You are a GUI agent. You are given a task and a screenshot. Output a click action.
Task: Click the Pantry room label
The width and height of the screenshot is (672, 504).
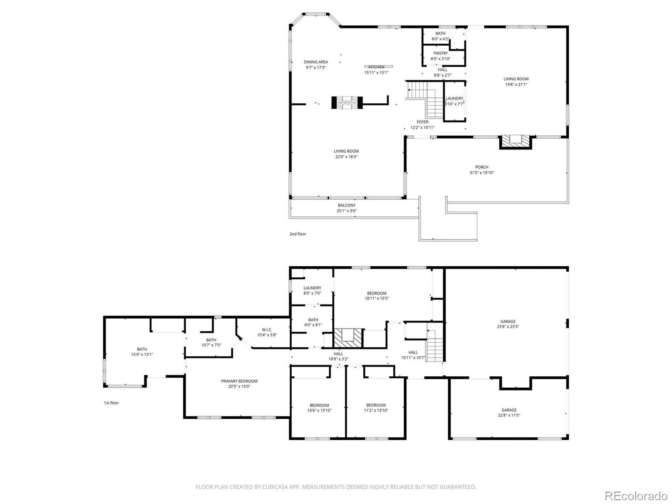[x=441, y=53]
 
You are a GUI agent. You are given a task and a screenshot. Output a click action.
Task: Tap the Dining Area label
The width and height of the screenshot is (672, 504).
[x=316, y=62]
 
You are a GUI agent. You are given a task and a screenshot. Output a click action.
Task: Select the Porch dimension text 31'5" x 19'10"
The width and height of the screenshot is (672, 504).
[x=482, y=173]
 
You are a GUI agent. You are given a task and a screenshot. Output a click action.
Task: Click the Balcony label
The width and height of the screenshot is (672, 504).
[x=346, y=205]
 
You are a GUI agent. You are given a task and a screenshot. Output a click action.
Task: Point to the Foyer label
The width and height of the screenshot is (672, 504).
[x=423, y=122]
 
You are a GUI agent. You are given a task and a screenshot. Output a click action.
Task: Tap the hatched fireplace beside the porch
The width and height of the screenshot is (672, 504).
[x=515, y=142]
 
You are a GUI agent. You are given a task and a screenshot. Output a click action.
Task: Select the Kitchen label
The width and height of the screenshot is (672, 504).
[x=376, y=67]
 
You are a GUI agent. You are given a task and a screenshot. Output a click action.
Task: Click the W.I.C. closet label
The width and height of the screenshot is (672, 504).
[x=267, y=330]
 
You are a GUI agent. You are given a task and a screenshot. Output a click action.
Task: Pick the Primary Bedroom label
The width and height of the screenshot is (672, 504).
[x=239, y=381]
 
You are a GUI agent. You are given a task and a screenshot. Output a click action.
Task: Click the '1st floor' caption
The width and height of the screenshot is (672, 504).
[x=111, y=403]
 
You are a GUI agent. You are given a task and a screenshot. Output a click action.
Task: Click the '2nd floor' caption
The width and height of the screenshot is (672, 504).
[x=298, y=234]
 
